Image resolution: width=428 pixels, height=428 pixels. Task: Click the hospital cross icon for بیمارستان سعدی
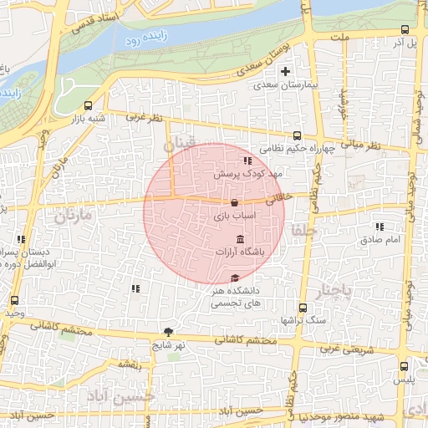[287, 72]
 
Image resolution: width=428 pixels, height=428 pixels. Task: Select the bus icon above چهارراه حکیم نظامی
[298, 136]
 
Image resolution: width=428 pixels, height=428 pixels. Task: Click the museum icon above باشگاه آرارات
[241, 240]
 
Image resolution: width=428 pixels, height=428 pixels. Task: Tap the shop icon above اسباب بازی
[234, 203]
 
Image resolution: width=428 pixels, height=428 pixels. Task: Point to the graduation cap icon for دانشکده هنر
[234, 278]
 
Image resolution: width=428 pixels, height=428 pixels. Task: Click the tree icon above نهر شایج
[169, 331]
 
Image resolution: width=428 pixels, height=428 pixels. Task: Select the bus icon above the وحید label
[14, 300]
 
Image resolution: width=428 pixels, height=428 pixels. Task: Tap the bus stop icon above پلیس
[405, 366]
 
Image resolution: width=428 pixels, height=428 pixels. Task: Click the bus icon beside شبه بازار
[89, 105]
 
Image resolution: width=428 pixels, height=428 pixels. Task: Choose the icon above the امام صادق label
[380, 227]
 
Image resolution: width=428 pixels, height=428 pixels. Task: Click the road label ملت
[339, 38]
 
